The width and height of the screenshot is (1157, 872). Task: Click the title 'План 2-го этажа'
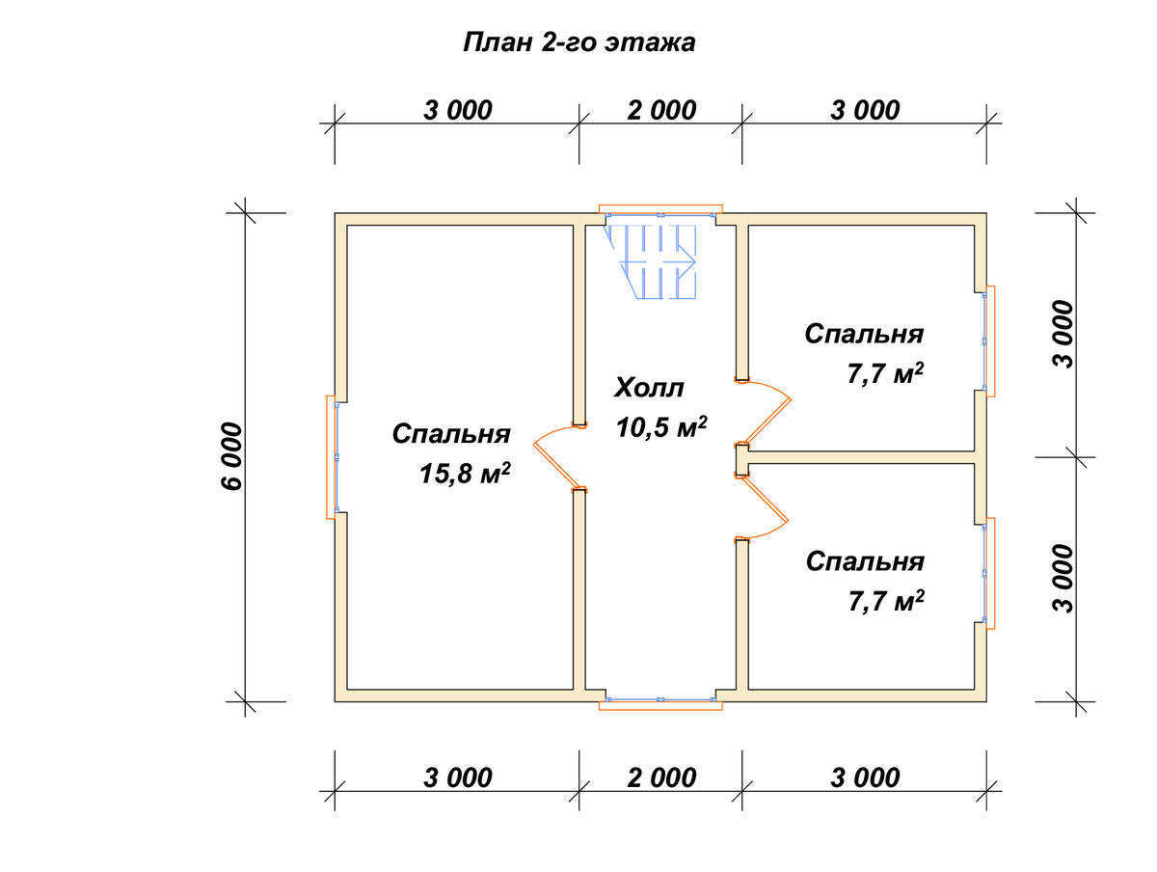pyautogui.click(x=578, y=42)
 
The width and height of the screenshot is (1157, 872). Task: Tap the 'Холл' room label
pyautogui.click(x=649, y=388)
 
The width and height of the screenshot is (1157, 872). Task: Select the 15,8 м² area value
pyautogui.click(x=465, y=474)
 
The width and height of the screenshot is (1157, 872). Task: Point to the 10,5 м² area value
pyautogui.click(x=661, y=427)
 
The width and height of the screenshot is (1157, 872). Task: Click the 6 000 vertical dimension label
pyautogui.click(x=231, y=456)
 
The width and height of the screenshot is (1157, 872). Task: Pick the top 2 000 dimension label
pyautogui.click(x=661, y=110)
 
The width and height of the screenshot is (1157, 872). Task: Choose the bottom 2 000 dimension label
pyautogui.click(x=661, y=777)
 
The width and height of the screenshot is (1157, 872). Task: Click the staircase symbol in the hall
pyautogui.click(x=653, y=261)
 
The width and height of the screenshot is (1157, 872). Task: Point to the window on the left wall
pyautogui.click(x=332, y=457)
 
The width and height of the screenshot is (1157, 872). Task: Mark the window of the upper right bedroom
pyautogui.click(x=988, y=341)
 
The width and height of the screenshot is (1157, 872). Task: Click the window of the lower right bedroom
pyautogui.click(x=988, y=573)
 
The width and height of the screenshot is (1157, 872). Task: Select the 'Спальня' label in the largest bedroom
pyautogui.click(x=451, y=434)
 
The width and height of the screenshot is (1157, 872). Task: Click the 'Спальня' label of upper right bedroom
pyautogui.click(x=864, y=334)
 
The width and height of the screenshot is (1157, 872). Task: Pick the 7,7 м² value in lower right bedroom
pyautogui.click(x=886, y=601)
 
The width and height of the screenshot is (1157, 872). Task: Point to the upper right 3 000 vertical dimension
pyautogui.click(x=1063, y=335)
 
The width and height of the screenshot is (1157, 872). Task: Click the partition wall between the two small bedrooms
pyautogui.click(x=861, y=457)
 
